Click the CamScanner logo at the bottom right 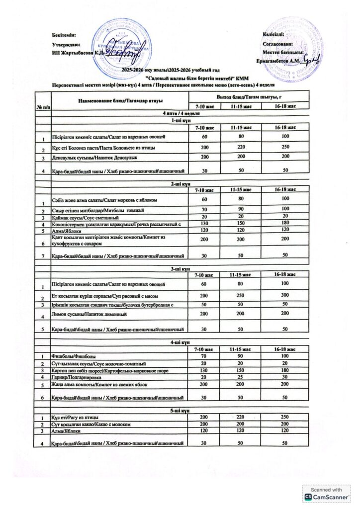tap(327, 494)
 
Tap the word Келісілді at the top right tap(273, 34)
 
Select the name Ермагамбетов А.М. tap(278, 61)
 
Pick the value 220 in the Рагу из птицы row tap(241, 417)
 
